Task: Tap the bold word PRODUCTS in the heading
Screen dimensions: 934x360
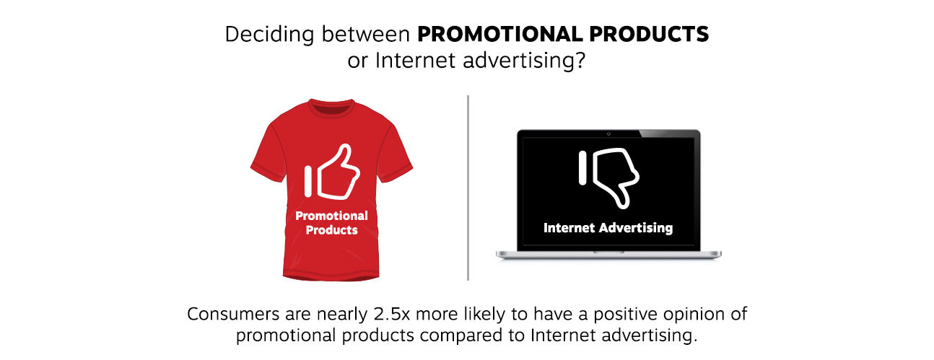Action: [x=649, y=34]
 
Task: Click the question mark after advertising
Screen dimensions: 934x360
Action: [x=580, y=60]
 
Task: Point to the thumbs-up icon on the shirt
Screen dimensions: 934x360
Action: [x=332, y=172]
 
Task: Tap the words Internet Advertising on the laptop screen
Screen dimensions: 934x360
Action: [x=608, y=228]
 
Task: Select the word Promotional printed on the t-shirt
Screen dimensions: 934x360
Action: [x=331, y=216]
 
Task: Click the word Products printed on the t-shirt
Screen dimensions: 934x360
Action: [x=331, y=230]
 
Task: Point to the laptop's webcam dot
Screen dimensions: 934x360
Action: [x=608, y=133]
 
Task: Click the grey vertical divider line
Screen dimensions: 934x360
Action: [x=468, y=188]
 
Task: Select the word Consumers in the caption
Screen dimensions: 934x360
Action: [x=233, y=314]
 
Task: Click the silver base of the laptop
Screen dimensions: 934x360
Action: [x=608, y=255]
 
